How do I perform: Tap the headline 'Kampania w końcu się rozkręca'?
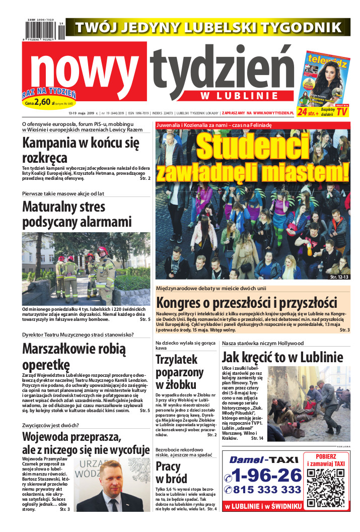tap(81, 149)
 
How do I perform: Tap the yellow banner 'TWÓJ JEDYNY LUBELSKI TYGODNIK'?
tap(208, 27)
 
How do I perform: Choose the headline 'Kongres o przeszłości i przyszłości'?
tap(246, 303)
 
